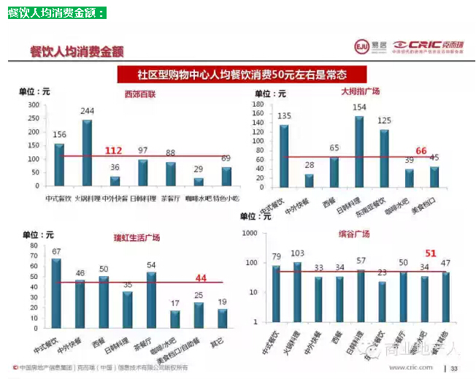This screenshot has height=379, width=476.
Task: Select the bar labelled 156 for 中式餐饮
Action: pos(60,164)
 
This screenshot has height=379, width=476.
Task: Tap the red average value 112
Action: pos(113,150)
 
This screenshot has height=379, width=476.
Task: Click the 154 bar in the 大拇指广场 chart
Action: pos(359,151)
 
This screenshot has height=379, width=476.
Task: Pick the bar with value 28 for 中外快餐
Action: pos(309,180)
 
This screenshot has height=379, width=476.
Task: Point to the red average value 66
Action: pos(421,150)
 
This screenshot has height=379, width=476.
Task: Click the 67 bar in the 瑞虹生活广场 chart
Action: pos(56,290)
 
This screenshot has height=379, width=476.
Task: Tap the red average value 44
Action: pos(201,277)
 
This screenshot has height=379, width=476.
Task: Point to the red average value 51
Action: pos(431,253)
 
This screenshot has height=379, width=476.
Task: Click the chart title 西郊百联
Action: pos(140,94)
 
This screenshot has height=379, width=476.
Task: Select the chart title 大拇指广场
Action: pos(361,92)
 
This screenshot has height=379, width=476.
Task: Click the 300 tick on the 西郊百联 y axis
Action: pos(34,104)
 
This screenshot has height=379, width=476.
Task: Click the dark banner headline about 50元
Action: pos(241,74)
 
